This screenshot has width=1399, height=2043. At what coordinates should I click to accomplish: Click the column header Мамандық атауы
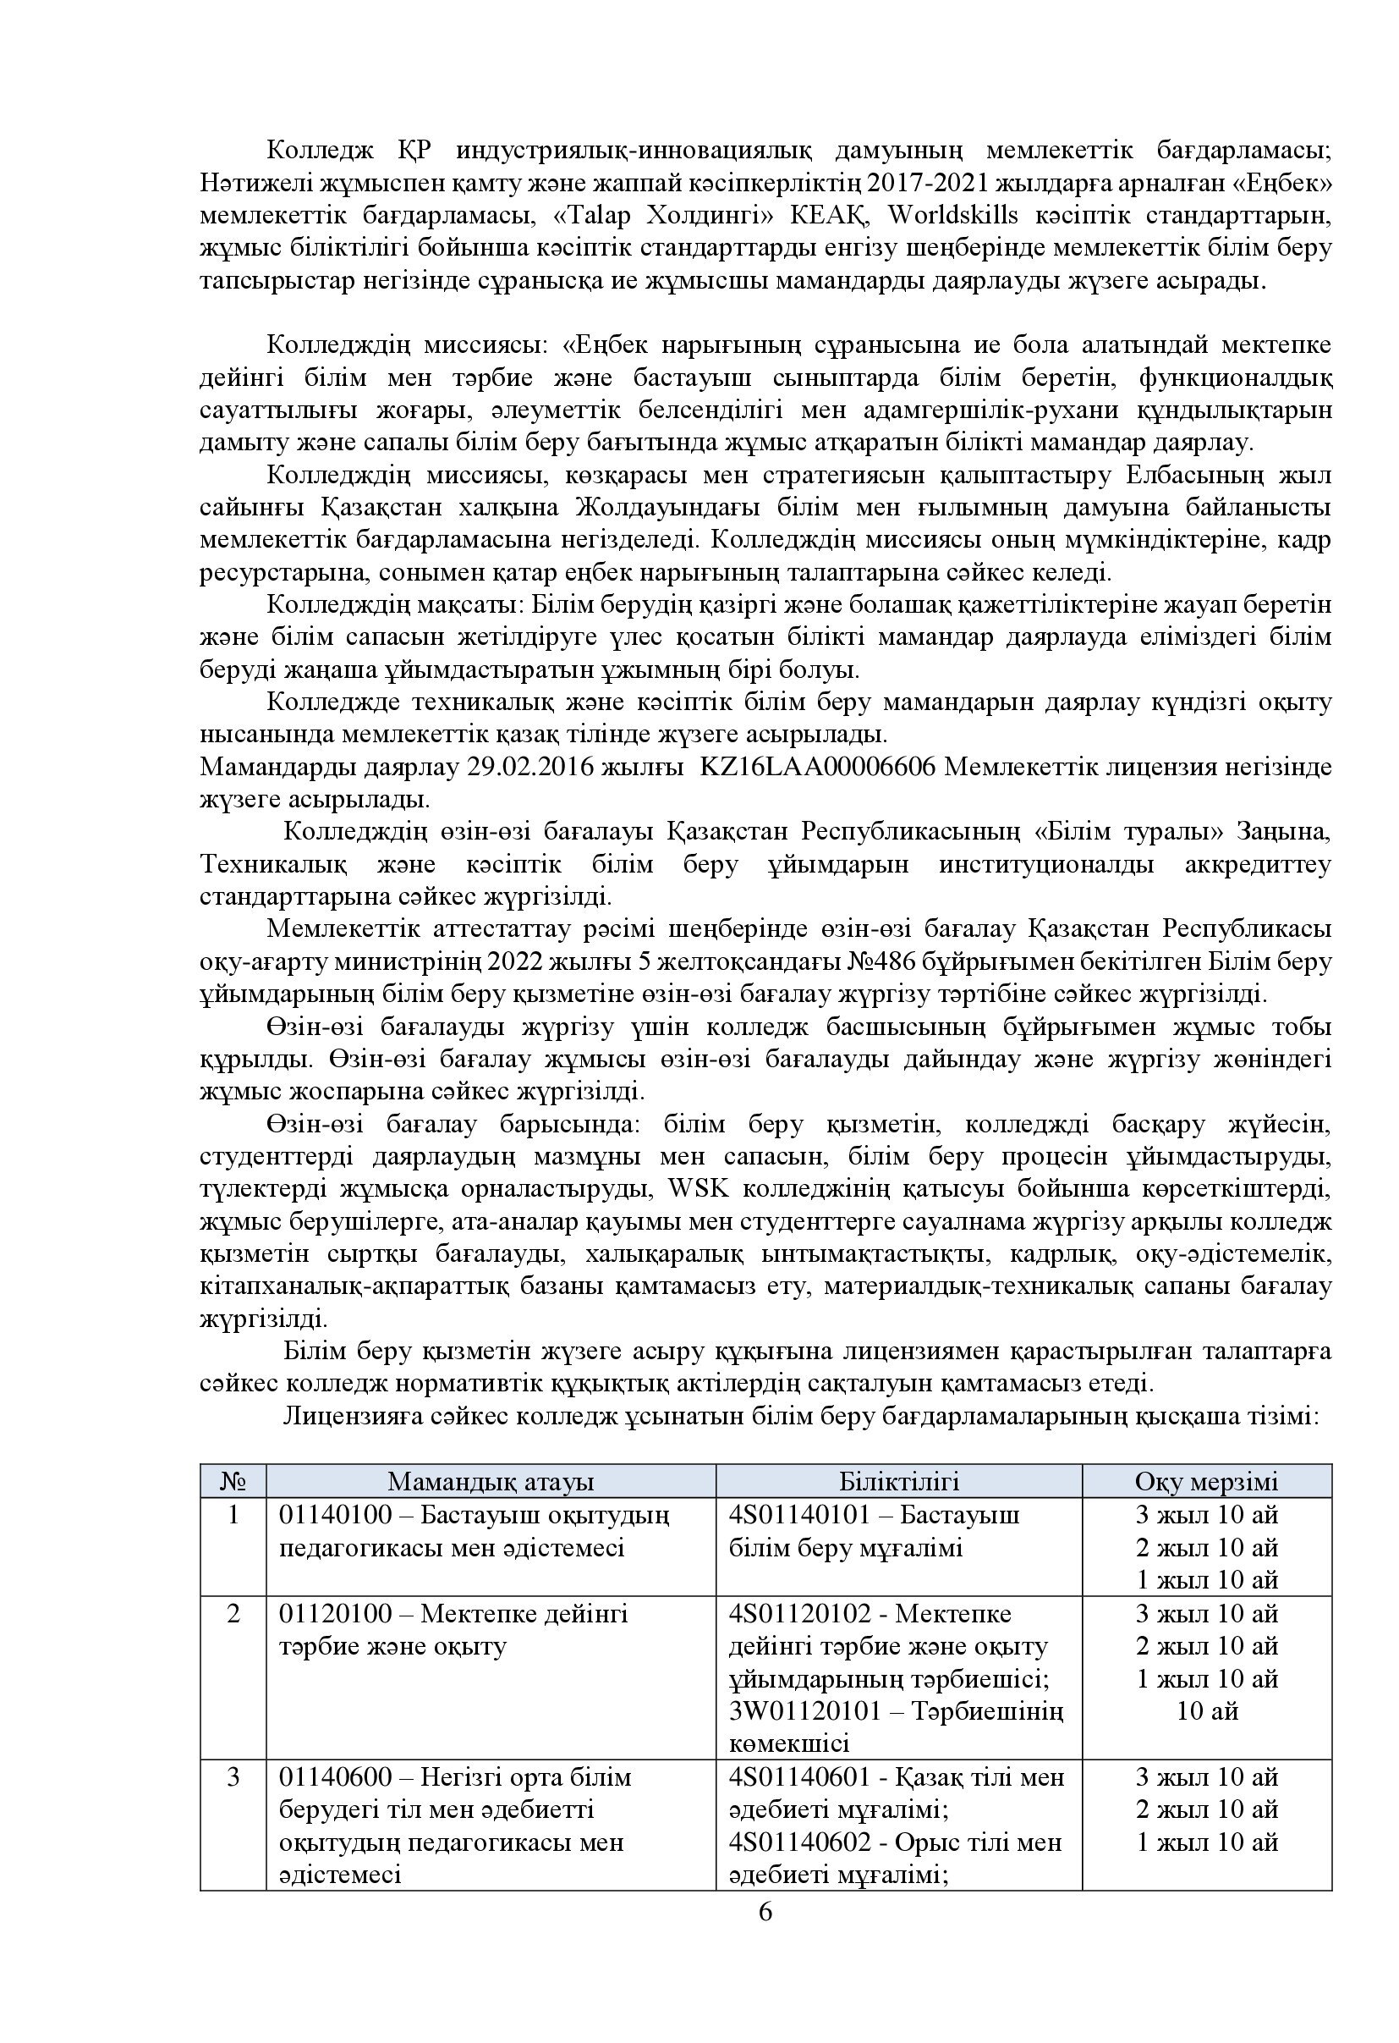[491, 1481]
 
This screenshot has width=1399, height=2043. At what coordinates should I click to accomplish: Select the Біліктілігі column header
[898, 1481]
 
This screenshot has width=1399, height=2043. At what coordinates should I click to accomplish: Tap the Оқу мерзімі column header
[1205, 1481]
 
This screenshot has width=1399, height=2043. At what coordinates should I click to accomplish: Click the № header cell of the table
[233, 1481]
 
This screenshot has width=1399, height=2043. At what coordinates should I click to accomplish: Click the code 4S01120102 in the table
[799, 1614]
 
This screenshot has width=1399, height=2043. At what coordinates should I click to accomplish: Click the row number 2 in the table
[233, 1614]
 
